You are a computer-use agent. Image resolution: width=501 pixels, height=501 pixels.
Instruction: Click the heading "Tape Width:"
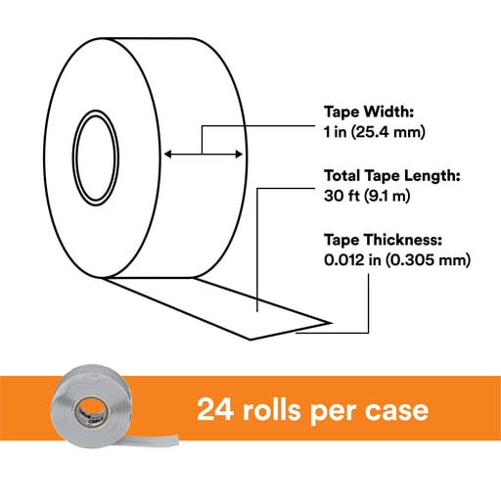click(369, 112)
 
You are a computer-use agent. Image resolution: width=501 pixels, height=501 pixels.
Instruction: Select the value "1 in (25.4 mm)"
click(375, 132)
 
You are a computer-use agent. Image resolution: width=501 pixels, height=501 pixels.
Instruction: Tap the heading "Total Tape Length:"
click(392, 176)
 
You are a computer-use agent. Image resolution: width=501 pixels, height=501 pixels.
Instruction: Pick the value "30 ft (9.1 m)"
click(367, 196)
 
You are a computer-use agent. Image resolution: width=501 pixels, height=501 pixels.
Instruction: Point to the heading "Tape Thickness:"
click(383, 240)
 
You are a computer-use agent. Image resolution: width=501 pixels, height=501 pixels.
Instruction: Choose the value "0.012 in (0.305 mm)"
click(397, 260)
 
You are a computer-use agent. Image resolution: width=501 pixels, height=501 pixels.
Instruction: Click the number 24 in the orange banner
click(215, 409)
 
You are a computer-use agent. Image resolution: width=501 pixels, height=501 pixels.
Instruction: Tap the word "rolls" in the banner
click(271, 408)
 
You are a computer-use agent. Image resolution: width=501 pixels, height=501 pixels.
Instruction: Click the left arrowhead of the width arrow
click(167, 154)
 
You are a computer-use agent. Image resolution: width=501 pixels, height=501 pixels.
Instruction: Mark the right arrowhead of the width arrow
click(239, 154)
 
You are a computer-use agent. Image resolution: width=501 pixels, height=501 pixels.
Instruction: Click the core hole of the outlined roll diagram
click(96, 158)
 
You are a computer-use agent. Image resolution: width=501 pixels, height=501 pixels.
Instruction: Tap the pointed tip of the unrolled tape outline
click(332, 323)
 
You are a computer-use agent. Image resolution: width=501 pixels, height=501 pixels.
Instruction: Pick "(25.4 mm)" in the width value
click(388, 132)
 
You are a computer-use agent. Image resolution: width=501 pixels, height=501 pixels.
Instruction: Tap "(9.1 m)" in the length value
click(387, 196)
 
